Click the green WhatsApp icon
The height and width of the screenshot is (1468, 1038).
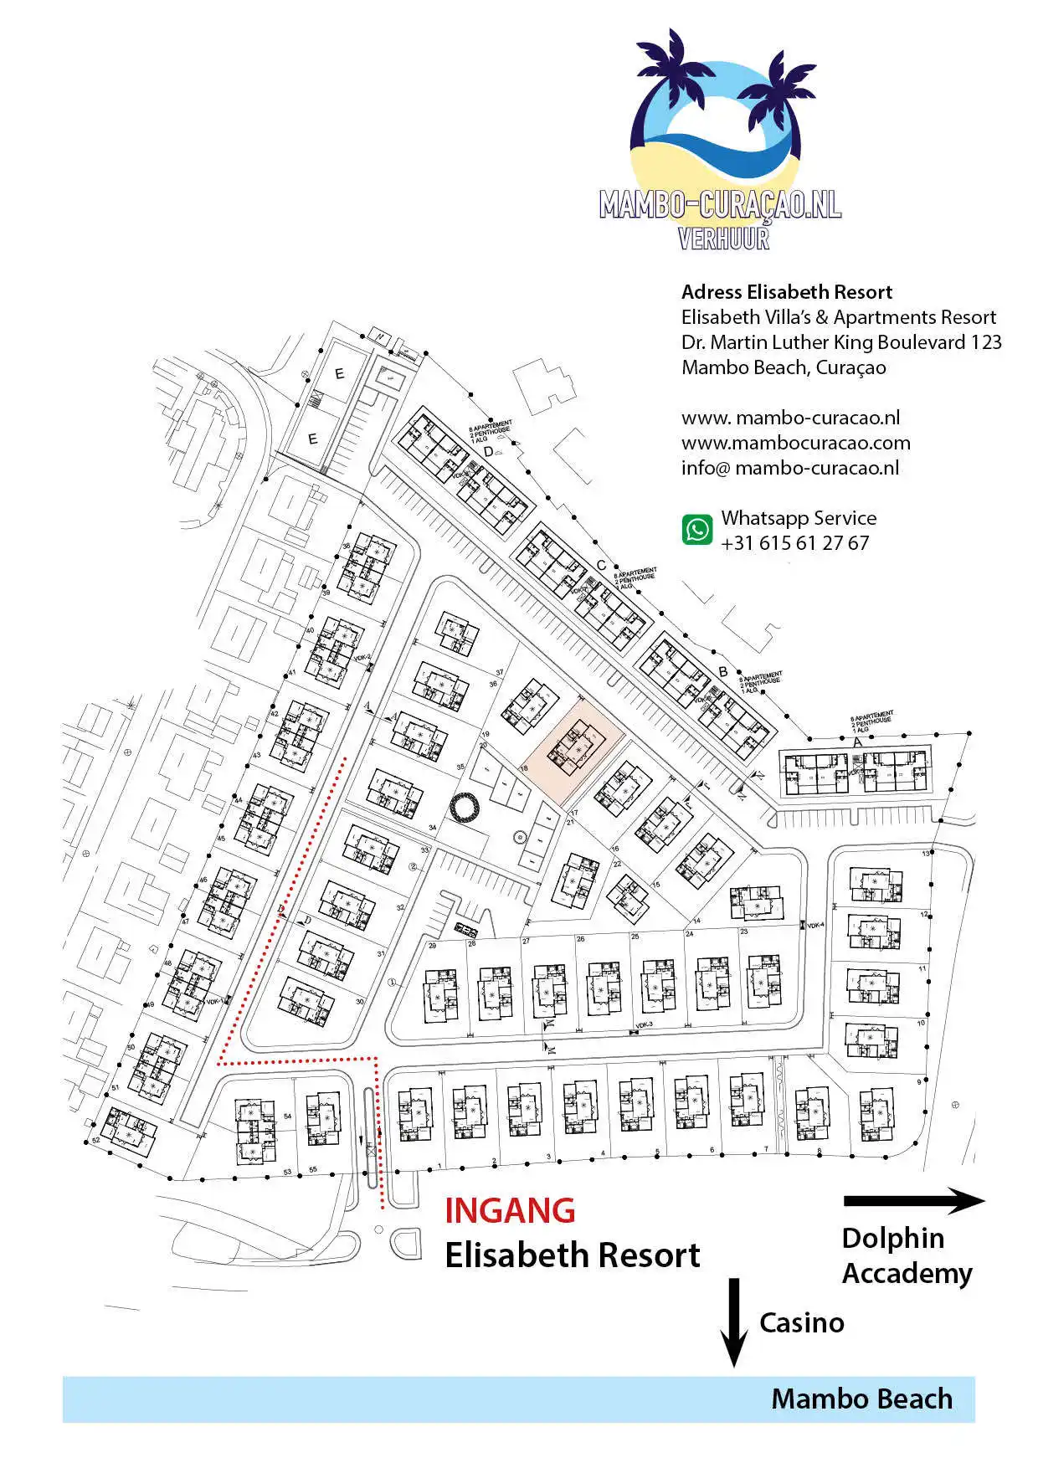[697, 530]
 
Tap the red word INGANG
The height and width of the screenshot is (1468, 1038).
[510, 1211]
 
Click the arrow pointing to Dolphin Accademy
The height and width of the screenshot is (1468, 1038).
[914, 1201]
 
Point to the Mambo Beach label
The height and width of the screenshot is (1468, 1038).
[861, 1399]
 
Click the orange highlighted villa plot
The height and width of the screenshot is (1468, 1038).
[577, 747]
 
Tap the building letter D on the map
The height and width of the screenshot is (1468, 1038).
[488, 452]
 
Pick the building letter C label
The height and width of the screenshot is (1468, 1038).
[601, 566]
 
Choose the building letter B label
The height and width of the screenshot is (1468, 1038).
[723, 672]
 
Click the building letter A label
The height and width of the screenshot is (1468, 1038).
[856, 742]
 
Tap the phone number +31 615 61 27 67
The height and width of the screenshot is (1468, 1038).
[794, 543]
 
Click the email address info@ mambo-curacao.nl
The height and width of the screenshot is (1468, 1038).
[790, 468]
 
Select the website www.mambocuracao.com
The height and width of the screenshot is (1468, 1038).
[795, 443]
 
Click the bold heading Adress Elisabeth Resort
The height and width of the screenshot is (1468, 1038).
[786, 292]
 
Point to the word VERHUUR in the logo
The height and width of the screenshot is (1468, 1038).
[723, 239]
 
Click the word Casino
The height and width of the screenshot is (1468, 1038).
[801, 1323]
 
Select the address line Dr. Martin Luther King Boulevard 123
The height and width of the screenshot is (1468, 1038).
[840, 342]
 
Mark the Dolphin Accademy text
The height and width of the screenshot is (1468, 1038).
[907, 1255]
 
